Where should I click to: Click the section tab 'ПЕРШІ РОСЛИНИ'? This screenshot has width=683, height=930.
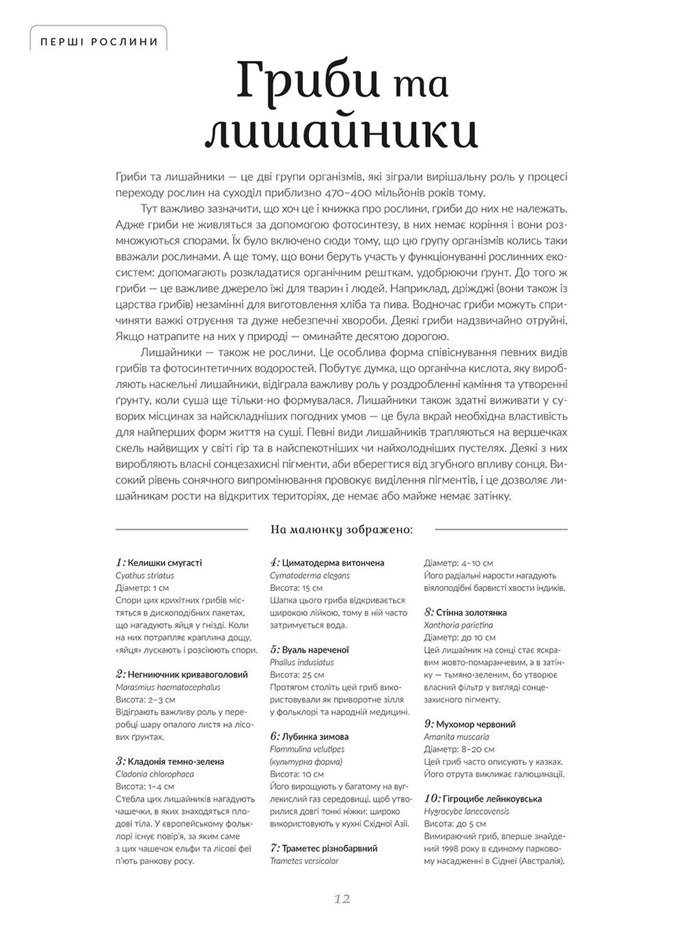pyautogui.click(x=99, y=42)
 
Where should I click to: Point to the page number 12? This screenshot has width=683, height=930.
pyautogui.click(x=342, y=899)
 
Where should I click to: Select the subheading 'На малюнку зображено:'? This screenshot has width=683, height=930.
pyautogui.click(x=341, y=529)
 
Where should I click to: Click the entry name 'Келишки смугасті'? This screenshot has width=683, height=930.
pyautogui.click(x=165, y=563)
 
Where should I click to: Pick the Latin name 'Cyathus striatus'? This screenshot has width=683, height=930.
pyautogui.click(x=145, y=575)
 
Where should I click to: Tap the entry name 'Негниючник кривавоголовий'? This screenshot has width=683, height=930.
pyautogui.click(x=187, y=675)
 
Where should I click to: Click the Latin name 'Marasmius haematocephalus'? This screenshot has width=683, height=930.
pyautogui.click(x=168, y=687)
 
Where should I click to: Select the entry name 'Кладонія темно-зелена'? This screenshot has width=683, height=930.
pyautogui.click(x=176, y=762)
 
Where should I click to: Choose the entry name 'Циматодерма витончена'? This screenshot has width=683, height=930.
pyautogui.click(x=333, y=563)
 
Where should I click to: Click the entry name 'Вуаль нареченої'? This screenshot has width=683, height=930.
pyautogui.click(x=315, y=650)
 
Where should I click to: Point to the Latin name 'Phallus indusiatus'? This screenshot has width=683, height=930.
pyautogui.click(x=301, y=662)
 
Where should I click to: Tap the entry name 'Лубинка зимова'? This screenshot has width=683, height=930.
pyautogui.click(x=315, y=737)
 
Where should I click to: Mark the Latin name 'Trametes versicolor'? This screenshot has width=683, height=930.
pyautogui.click(x=304, y=861)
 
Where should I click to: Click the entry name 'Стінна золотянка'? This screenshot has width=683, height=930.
pyautogui.click(x=471, y=613)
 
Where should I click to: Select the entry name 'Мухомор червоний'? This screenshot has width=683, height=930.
pyautogui.click(x=476, y=724)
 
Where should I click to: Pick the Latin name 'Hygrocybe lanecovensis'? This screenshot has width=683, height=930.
pyautogui.click(x=466, y=811)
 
